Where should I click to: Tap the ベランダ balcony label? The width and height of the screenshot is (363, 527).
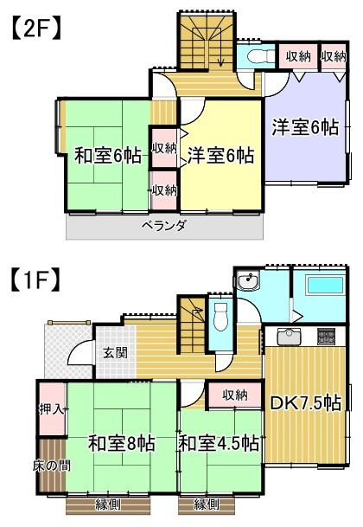click(x=164, y=226)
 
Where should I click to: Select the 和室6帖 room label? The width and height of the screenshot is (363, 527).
click(x=108, y=157)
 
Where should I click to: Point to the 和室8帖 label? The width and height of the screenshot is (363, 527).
click(x=122, y=444)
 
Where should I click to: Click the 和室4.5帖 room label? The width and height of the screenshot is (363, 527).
click(x=219, y=444)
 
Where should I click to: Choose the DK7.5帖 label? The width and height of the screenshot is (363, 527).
click(x=306, y=403)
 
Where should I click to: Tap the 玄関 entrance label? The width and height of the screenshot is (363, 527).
click(x=116, y=352)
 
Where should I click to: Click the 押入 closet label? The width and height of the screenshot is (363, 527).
click(x=51, y=408)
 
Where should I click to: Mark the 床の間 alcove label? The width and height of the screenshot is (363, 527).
click(x=51, y=466)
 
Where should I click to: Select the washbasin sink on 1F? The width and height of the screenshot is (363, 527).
click(x=248, y=282)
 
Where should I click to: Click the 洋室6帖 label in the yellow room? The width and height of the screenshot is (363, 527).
click(x=220, y=157)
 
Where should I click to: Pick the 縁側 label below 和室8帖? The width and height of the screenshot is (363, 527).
click(x=105, y=505)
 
